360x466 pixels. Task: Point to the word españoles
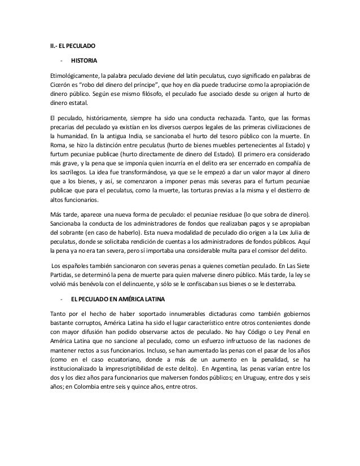point(74,270)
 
